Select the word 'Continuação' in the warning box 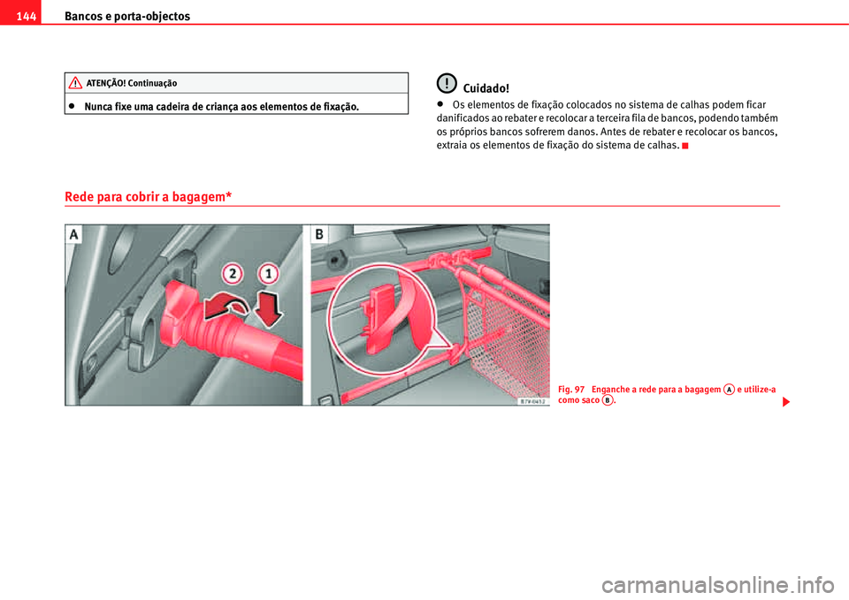(x=151, y=83)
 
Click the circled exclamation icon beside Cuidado (x=448, y=84)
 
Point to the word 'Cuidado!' (x=486, y=88)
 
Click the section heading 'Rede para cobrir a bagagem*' (x=148, y=196)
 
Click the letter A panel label (x=73, y=234)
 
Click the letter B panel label (x=320, y=234)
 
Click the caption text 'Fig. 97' (x=571, y=390)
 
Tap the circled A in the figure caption (x=728, y=389)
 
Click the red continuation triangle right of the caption (x=784, y=402)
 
